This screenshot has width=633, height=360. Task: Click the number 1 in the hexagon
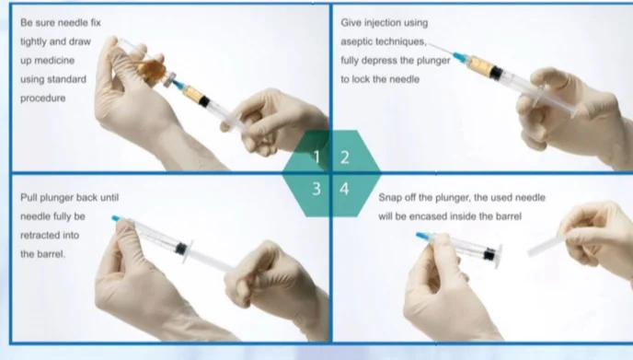316,157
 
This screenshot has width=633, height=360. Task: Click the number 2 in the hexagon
344,157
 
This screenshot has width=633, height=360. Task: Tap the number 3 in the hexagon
316,189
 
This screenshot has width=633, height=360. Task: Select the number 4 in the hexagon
344,189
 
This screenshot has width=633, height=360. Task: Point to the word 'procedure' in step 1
43,99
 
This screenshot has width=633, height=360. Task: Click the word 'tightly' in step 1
33,41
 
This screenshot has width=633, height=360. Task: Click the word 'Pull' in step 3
28,198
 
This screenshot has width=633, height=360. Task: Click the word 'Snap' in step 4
389,198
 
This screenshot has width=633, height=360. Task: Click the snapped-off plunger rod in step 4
547,245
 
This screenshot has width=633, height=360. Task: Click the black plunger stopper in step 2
497,73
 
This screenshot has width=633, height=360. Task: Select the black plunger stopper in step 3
181,248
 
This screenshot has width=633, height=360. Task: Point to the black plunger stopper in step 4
489,254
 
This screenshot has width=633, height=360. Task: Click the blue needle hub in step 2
459,58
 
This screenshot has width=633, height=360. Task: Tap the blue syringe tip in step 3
116,218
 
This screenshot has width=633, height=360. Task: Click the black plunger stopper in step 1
204,100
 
